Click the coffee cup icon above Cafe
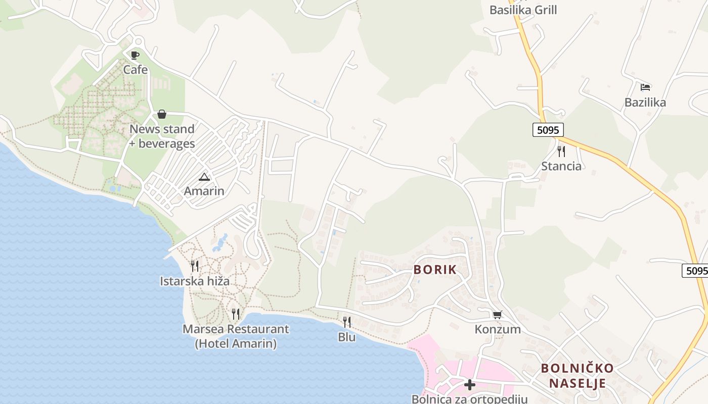click(135, 55)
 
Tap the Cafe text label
click(136, 70)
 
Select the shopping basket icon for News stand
click(162, 114)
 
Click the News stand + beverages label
click(162, 136)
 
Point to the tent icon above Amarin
click(204, 177)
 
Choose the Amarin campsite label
click(204, 191)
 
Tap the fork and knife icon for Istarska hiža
click(195, 266)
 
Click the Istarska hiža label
click(195, 281)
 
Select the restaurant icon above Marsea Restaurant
click(236, 314)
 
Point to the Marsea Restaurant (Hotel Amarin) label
click(236, 336)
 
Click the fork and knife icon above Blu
click(347, 322)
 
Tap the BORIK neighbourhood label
click(435, 270)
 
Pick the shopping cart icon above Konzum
click(498, 315)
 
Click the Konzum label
click(498, 329)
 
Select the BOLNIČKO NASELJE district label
click(578, 375)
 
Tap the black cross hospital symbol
click(470, 385)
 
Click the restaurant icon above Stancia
click(561, 151)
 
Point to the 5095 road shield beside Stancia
click(548, 130)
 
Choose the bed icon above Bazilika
click(645, 87)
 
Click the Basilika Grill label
click(523, 10)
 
